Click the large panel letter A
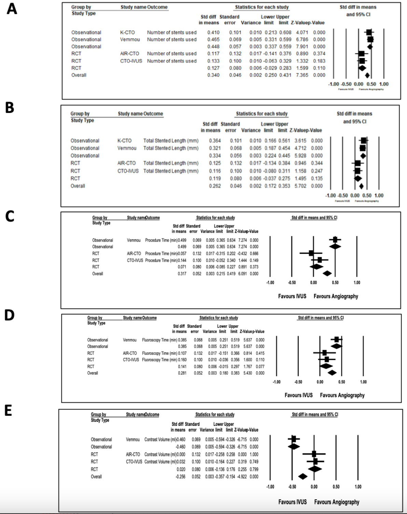click(12, 9)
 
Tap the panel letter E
click(8, 410)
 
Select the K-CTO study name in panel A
click(127, 32)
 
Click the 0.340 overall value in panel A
click(213, 75)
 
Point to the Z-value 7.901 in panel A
click(302, 46)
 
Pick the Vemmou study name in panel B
click(127, 148)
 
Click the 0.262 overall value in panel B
click(215, 186)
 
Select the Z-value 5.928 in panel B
click(300, 156)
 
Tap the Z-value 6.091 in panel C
click(242, 274)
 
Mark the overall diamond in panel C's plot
click(327, 273)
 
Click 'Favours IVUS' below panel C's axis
click(292, 296)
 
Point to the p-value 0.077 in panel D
click(260, 367)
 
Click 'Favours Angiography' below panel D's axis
click(342, 395)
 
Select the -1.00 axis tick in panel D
click(277, 382)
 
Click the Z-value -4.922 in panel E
click(242, 477)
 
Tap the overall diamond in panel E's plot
click(303, 476)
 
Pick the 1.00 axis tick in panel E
click(358, 487)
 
